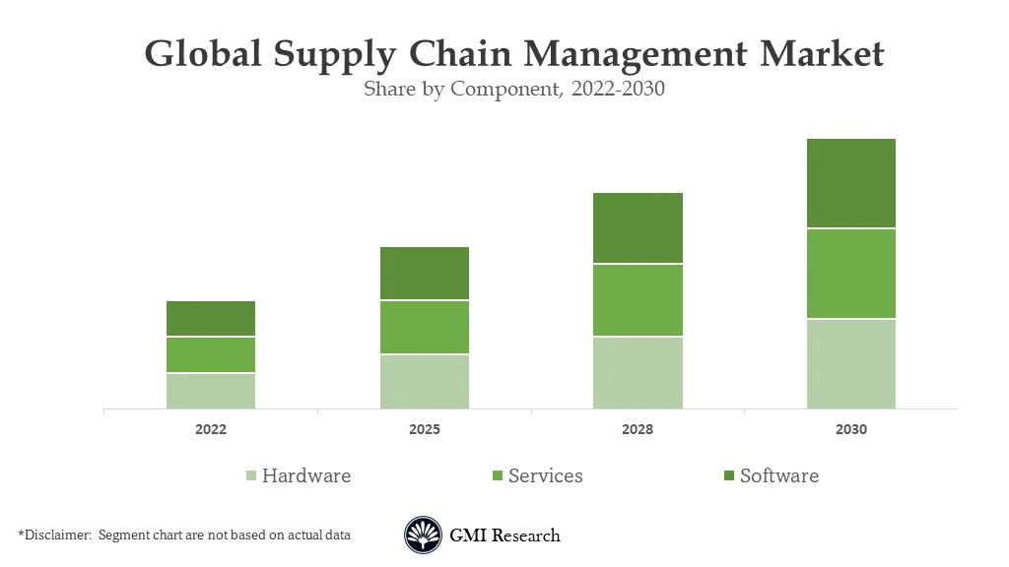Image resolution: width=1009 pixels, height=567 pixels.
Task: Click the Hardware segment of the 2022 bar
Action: tap(211, 391)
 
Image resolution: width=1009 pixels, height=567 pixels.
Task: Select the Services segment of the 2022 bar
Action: tap(211, 354)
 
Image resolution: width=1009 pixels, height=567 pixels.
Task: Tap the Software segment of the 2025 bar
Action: tap(425, 273)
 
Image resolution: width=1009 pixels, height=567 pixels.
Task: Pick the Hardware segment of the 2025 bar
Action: tap(425, 381)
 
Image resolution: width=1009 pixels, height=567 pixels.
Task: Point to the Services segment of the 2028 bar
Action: tap(638, 300)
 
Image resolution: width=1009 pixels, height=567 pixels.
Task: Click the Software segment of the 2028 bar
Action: tap(638, 227)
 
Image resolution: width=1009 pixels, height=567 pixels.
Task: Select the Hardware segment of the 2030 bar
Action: tap(851, 363)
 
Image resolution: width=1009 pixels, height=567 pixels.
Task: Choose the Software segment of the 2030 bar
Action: tap(851, 183)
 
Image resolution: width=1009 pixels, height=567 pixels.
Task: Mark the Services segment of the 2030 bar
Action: tap(851, 274)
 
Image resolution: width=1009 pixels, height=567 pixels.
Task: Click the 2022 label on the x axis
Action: tap(211, 430)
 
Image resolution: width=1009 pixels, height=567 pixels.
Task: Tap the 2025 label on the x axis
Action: tap(425, 430)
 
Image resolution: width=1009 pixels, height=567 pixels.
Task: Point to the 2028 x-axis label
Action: tap(638, 430)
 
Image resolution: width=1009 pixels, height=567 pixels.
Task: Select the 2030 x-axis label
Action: tap(851, 430)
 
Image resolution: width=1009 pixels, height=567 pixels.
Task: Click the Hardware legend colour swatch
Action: tap(251, 476)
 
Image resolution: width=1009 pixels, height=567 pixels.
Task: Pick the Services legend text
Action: tap(545, 476)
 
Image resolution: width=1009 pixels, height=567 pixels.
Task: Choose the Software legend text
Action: tap(778, 476)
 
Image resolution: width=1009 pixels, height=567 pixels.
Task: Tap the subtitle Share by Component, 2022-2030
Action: tap(514, 90)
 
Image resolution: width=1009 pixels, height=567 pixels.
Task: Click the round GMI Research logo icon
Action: tap(423, 535)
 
